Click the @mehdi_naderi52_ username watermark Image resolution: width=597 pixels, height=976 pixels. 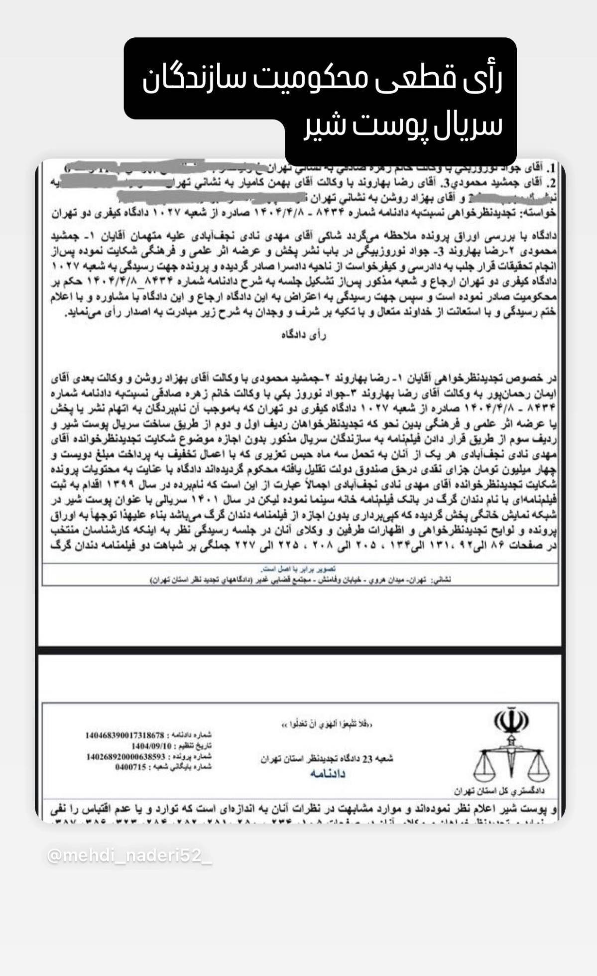pos(129,855)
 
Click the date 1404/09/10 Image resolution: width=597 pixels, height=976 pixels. pos(151,746)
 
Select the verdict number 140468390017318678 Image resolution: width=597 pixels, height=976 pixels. pos(124,735)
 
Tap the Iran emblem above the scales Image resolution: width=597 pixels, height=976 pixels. pos(511,720)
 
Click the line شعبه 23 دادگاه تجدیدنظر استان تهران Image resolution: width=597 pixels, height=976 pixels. pos(327,759)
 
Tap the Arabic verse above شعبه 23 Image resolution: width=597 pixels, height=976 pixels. pos(327,723)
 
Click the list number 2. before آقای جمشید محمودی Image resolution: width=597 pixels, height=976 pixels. pos(551,180)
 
